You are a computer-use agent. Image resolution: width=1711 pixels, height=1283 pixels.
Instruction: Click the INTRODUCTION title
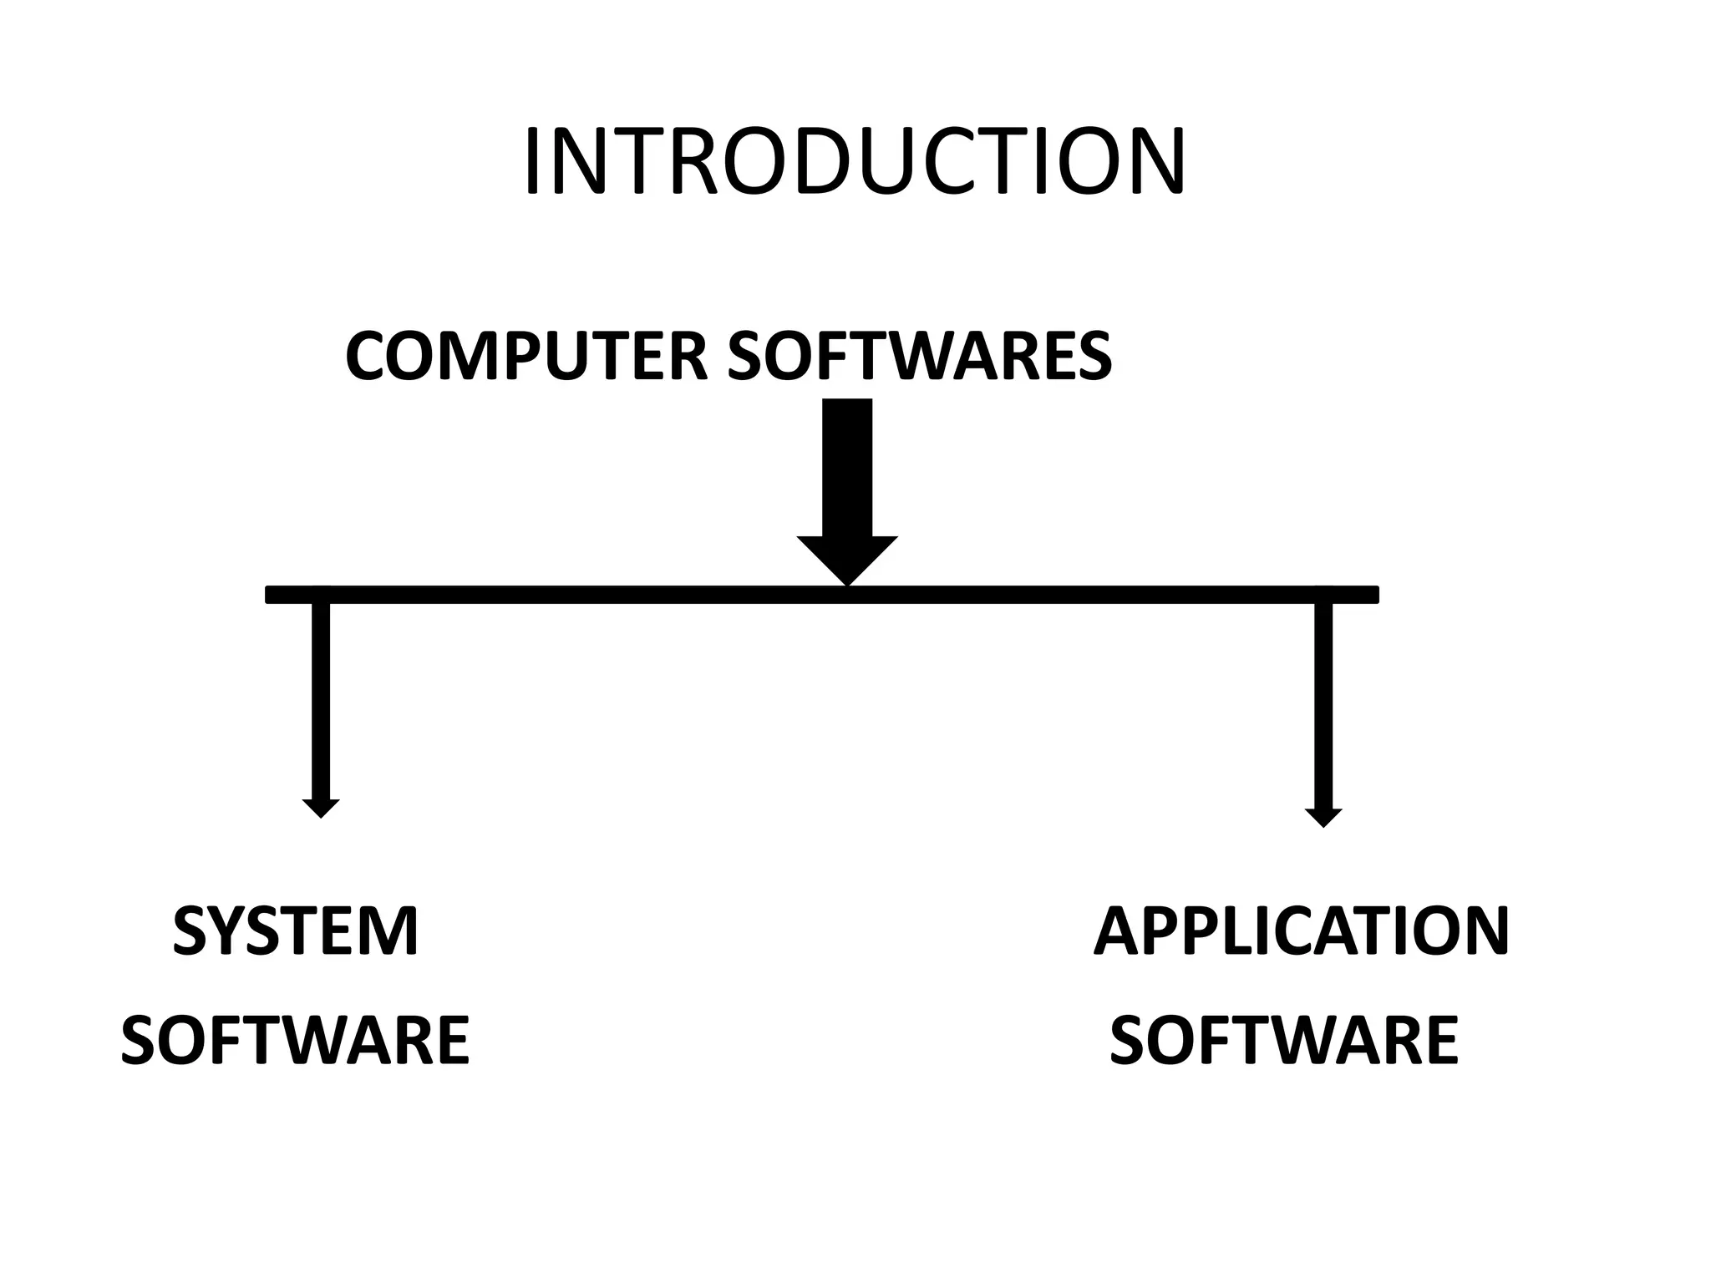pos(854,163)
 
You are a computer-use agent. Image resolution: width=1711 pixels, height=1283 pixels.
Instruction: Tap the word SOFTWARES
pos(919,357)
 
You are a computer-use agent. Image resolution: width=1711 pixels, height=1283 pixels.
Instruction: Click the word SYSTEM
pos(296,931)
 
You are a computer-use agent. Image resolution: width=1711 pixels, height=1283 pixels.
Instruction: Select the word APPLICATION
pos(1301,931)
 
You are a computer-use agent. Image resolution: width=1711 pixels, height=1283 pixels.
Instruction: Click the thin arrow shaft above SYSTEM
pos(321,702)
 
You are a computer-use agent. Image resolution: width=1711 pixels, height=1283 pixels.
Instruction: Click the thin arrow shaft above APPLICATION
pos(1323,706)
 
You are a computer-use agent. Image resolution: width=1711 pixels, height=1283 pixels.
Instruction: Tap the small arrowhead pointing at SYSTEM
pos(321,808)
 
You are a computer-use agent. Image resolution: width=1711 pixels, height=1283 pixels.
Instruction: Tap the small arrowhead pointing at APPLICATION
pos(1323,817)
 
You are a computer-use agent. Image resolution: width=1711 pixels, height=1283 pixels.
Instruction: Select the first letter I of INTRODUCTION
pos(531,163)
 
